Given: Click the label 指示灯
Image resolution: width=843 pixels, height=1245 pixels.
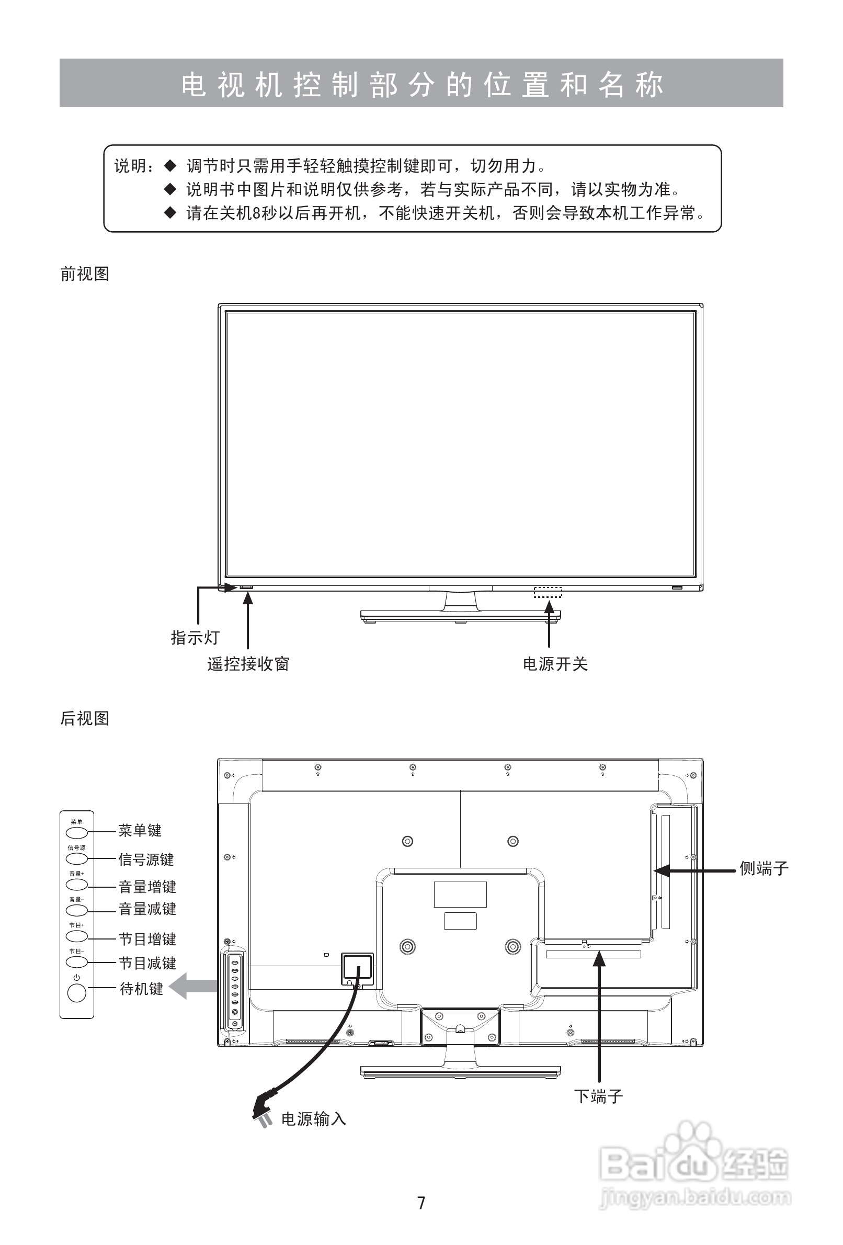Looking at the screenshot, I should click(x=195, y=638).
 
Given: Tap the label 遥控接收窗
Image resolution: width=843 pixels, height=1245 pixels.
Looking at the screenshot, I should click(x=248, y=664).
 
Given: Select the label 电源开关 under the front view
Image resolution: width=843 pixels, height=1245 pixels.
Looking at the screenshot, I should click(x=555, y=664).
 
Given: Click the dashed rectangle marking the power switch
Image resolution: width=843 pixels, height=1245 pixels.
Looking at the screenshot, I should click(x=548, y=592).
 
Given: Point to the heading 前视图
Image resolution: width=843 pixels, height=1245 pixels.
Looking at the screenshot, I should click(x=85, y=274).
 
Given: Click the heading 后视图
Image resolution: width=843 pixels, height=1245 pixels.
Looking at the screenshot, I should click(x=85, y=718).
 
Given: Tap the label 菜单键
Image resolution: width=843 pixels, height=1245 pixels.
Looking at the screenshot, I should click(x=140, y=830).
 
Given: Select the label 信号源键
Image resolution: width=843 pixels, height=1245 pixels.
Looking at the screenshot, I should click(x=146, y=860).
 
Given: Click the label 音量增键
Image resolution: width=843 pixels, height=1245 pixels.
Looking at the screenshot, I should click(x=147, y=887).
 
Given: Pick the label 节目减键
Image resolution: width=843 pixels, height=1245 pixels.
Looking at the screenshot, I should click(x=147, y=963).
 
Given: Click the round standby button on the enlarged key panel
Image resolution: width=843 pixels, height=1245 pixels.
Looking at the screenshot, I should click(x=76, y=994).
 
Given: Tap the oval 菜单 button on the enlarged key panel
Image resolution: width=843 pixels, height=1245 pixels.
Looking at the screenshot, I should click(x=76, y=832).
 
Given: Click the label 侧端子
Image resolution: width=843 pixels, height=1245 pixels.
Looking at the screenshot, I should click(x=764, y=868).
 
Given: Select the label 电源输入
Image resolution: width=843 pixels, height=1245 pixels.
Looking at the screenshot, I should click(x=314, y=1119).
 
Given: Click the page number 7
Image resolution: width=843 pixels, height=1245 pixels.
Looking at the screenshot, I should click(x=421, y=1203).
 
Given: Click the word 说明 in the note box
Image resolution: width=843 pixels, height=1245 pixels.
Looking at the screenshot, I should click(x=130, y=166).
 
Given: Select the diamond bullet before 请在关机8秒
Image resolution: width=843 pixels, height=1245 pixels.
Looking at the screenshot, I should click(x=170, y=213).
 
